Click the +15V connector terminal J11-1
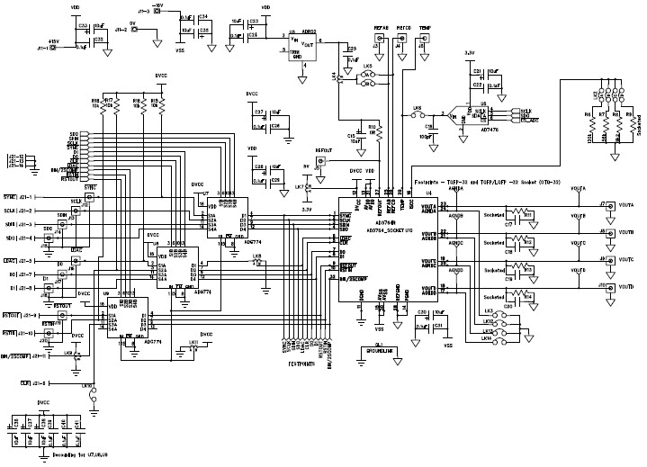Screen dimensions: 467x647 [51, 48]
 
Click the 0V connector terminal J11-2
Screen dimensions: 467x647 [134, 31]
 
